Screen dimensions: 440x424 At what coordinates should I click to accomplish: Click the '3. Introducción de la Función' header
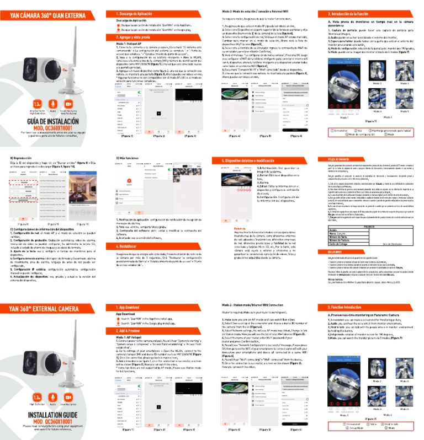(x=353, y=13)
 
